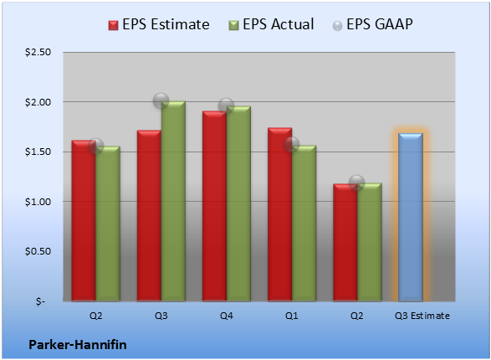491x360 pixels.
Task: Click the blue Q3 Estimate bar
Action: click(x=411, y=217)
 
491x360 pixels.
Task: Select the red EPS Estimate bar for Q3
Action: click(x=149, y=215)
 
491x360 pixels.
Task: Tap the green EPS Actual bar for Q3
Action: click(x=173, y=201)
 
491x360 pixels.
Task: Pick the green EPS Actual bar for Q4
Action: click(x=238, y=203)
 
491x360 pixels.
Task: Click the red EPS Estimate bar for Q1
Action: click(x=280, y=214)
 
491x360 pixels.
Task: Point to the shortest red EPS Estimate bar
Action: click(x=345, y=243)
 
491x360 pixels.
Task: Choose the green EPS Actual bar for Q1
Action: click(x=304, y=223)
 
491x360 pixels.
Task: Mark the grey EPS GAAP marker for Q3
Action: click(x=161, y=101)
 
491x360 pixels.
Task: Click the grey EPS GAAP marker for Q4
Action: click(x=226, y=105)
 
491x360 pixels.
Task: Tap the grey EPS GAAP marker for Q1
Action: click(x=292, y=145)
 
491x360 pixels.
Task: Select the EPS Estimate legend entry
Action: click(x=159, y=24)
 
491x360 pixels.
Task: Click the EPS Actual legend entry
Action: click(x=271, y=24)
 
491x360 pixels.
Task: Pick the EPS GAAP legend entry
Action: click(x=372, y=24)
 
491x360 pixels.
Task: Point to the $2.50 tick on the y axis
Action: click(x=38, y=52)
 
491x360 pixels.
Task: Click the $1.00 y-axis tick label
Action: click(x=38, y=202)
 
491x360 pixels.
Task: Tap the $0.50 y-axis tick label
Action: click(x=38, y=251)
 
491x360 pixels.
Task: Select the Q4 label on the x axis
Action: click(x=226, y=316)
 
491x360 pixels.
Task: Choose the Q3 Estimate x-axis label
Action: click(x=422, y=316)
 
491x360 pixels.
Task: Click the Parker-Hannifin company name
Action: click(x=78, y=345)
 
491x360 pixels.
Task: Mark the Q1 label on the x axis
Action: click(x=292, y=316)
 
